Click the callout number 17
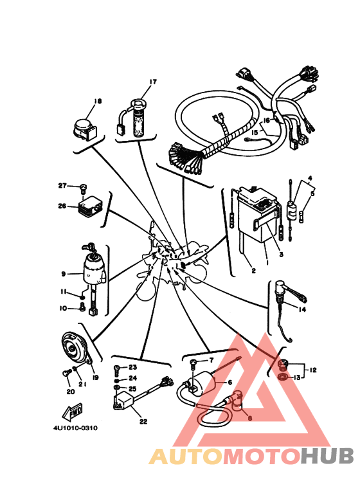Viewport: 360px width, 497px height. coord(153,82)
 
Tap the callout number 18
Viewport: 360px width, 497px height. coord(98,101)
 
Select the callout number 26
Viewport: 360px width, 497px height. coord(62,206)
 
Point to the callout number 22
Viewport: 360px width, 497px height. coord(143,422)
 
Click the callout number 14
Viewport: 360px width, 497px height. coord(302,309)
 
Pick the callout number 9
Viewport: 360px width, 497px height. coord(64,273)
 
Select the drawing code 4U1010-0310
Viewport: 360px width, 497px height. coord(75,428)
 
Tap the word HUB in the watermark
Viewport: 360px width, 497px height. coord(327,456)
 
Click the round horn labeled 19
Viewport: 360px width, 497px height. coord(74,348)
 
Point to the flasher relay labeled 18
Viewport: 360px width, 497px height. coord(84,129)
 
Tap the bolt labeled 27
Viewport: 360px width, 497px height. coord(84,189)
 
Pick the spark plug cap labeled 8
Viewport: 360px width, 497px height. coord(237,401)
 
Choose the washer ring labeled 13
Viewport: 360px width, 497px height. coord(282,377)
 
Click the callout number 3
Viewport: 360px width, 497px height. coord(281,254)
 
